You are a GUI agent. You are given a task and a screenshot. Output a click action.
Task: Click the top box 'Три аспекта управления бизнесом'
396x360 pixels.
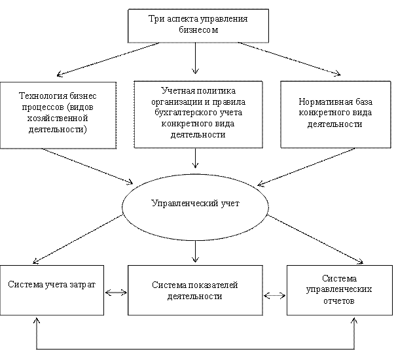[198, 26]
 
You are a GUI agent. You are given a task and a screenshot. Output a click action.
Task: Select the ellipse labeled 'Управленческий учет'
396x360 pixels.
[195, 207]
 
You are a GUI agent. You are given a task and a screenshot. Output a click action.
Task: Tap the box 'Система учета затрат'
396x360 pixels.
[52, 290]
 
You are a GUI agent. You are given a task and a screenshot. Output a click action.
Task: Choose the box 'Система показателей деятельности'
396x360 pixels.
[195, 290]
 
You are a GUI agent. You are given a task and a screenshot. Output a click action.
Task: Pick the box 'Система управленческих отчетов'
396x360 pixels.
[340, 290]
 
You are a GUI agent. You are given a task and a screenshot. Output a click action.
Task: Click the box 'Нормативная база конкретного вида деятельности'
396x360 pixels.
[336, 114]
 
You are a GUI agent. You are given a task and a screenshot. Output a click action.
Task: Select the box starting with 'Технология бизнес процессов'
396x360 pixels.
[58, 115]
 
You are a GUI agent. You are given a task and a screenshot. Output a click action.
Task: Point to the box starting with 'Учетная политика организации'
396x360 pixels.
[198, 114]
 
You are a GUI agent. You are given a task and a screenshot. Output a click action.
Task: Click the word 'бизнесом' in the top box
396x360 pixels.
[198, 30]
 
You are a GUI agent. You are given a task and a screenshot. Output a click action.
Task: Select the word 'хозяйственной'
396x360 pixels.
[58, 118]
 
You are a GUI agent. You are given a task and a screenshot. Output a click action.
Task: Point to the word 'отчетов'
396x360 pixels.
[339, 301]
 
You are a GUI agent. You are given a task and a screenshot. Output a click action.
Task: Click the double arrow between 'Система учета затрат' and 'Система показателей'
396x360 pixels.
[116, 293]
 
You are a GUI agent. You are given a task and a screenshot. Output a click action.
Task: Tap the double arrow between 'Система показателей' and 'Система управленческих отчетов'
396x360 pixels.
[274, 295]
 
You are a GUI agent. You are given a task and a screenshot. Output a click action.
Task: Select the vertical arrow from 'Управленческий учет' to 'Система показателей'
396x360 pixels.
[195, 251]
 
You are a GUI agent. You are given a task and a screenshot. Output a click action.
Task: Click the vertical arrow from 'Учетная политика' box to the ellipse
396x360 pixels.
[195, 158]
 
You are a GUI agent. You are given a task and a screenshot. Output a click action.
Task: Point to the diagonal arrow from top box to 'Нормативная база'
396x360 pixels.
[289, 59]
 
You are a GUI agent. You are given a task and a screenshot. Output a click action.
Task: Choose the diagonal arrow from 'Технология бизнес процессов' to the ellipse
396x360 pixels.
[88, 166]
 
